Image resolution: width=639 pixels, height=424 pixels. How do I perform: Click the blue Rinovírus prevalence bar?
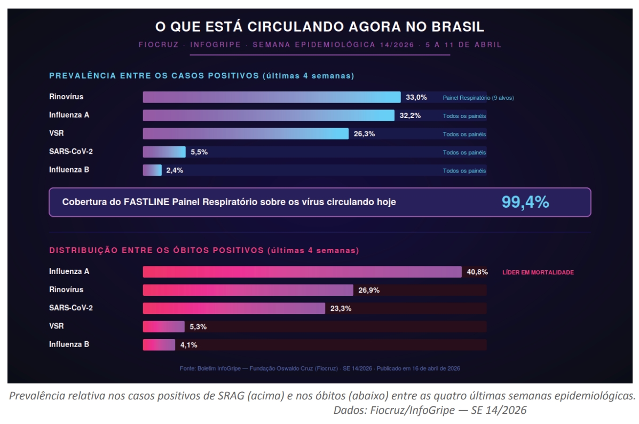(x=271, y=97)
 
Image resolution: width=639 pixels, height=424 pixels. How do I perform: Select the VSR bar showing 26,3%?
(x=246, y=134)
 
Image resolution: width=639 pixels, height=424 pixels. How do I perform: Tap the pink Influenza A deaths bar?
(x=302, y=272)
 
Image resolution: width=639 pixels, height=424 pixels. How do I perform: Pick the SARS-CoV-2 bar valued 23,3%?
(x=234, y=308)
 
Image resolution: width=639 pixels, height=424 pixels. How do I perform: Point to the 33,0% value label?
(x=416, y=97)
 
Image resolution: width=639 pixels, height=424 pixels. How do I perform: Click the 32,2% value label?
(x=410, y=115)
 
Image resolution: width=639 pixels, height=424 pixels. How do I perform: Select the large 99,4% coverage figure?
(x=525, y=202)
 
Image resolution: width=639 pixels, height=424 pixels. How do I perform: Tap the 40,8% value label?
(x=477, y=272)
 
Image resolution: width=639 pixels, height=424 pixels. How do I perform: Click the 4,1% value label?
(x=188, y=345)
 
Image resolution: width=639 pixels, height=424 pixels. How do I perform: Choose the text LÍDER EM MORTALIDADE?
(x=538, y=272)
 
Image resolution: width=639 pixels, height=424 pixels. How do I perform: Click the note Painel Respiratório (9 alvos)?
(x=478, y=98)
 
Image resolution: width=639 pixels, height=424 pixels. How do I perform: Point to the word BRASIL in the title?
(x=455, y=26)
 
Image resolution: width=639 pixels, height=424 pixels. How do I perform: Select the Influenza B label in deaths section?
(x=69, y=344)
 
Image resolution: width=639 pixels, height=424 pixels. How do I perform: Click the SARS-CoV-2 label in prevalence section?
(x=70, y=151)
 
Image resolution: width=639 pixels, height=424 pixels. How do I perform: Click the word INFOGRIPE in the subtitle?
(x=217, y=45)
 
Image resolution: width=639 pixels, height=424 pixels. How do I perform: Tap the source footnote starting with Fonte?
(x=320, y=368)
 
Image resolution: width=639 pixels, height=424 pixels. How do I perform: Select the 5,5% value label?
(x=199, y=152)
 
